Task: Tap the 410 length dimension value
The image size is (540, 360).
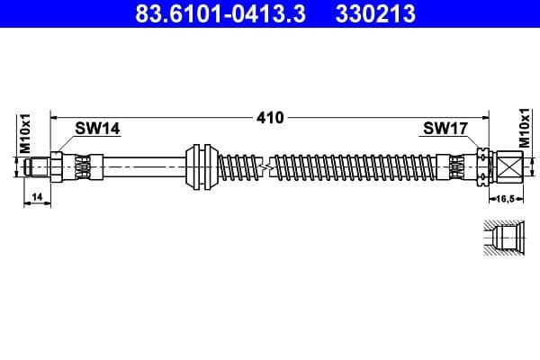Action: (x=269, y=117)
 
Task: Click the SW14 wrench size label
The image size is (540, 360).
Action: (x=97, y=129)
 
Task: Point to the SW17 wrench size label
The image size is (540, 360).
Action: (x=445, y=129)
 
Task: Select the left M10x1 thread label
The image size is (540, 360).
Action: (x=25, y=132)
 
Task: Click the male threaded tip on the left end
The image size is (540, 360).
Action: (x=38, y=166)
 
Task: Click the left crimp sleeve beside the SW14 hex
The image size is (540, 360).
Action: (x=83, y=166)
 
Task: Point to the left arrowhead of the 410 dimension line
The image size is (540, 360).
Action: (x=54, y=117)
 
